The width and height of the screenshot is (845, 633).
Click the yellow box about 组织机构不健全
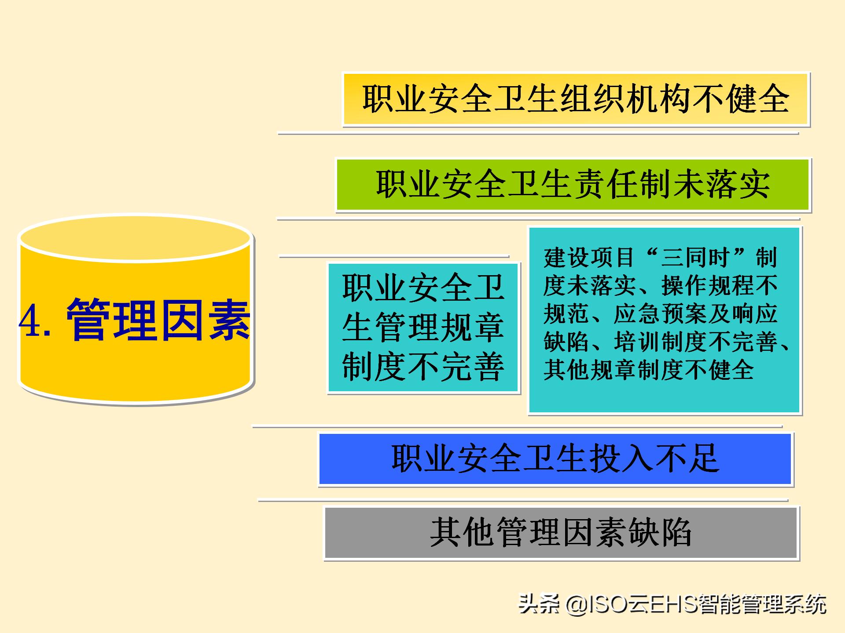coord(576,99)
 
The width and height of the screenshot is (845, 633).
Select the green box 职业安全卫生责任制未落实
coord(573,185)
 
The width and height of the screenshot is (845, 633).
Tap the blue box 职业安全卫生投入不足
coord(555,459)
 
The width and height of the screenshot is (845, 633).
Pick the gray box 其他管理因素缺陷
coord(561,533)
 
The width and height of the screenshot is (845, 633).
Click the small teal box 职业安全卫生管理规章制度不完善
coord(423,328)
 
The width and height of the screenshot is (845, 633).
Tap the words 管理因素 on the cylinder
coord(158,320)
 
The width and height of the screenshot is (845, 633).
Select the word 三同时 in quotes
coord(695,258)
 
